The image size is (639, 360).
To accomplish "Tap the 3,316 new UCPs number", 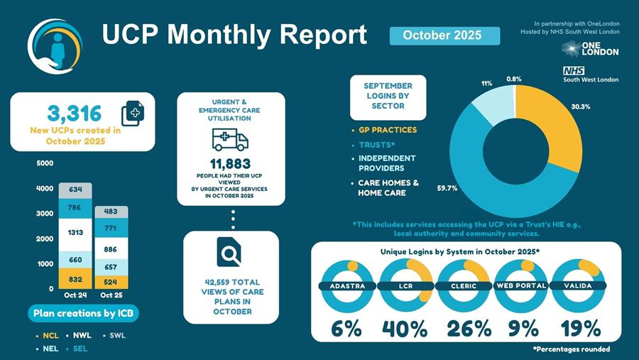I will (74, 113).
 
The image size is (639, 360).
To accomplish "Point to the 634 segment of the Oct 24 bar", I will (75, 190).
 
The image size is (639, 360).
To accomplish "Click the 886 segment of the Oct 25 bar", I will (110, 249).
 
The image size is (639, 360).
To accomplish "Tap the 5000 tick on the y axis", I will (44, 163).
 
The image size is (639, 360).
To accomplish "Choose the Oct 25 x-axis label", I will (111, 295).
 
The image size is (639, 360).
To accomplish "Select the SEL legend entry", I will (80, 349).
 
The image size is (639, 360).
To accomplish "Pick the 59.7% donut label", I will (447, 188).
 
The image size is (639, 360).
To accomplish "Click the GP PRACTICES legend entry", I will (388, 130).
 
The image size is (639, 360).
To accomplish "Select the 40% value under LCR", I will (405, 328).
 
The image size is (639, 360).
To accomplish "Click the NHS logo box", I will (573, 71).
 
